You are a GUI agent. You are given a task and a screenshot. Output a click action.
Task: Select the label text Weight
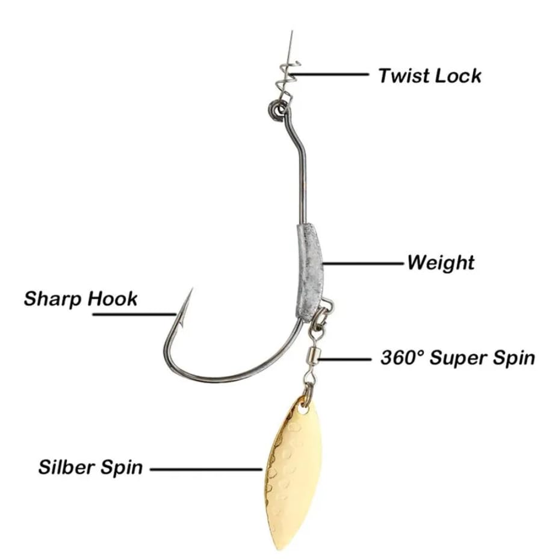[x=441, y=263]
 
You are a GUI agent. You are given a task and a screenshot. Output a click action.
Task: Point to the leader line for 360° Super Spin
[x=346, y=359]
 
